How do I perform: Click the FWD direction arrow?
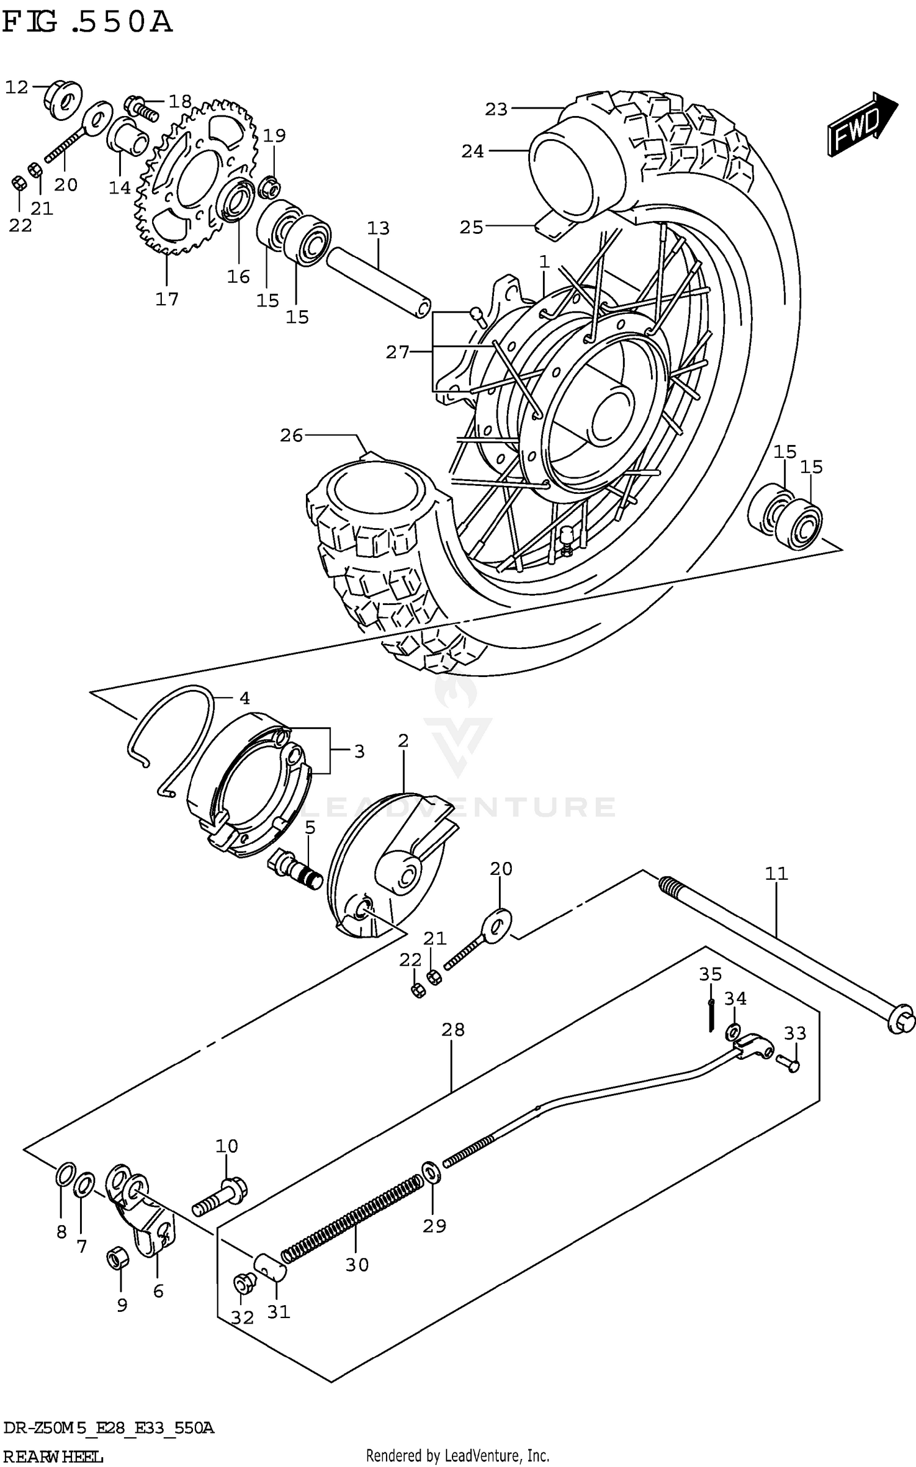[x=861, y=124]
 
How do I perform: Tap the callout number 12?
[x=16, y=88]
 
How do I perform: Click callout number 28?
[x=453, y=1030]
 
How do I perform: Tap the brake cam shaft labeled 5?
[x=297, y=871]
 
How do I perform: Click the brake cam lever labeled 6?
[x=140, y=1206]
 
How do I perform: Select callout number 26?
[x=291, y=436]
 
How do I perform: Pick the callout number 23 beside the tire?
[x=496, y=109]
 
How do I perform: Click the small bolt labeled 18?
[x=142, y=108]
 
